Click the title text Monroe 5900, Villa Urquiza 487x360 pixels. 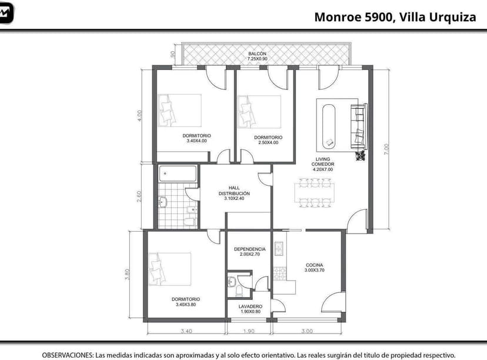395,17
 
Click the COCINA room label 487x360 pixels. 314,268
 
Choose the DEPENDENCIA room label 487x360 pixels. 249,252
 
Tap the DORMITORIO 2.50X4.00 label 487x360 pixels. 266,139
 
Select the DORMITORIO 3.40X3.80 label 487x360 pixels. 185,302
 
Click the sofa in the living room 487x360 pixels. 358,126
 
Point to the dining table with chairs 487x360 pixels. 316,194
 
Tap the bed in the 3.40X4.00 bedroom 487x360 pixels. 179,111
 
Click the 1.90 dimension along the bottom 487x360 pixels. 249,331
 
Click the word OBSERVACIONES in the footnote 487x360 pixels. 67,355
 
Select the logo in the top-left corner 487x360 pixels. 6,13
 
